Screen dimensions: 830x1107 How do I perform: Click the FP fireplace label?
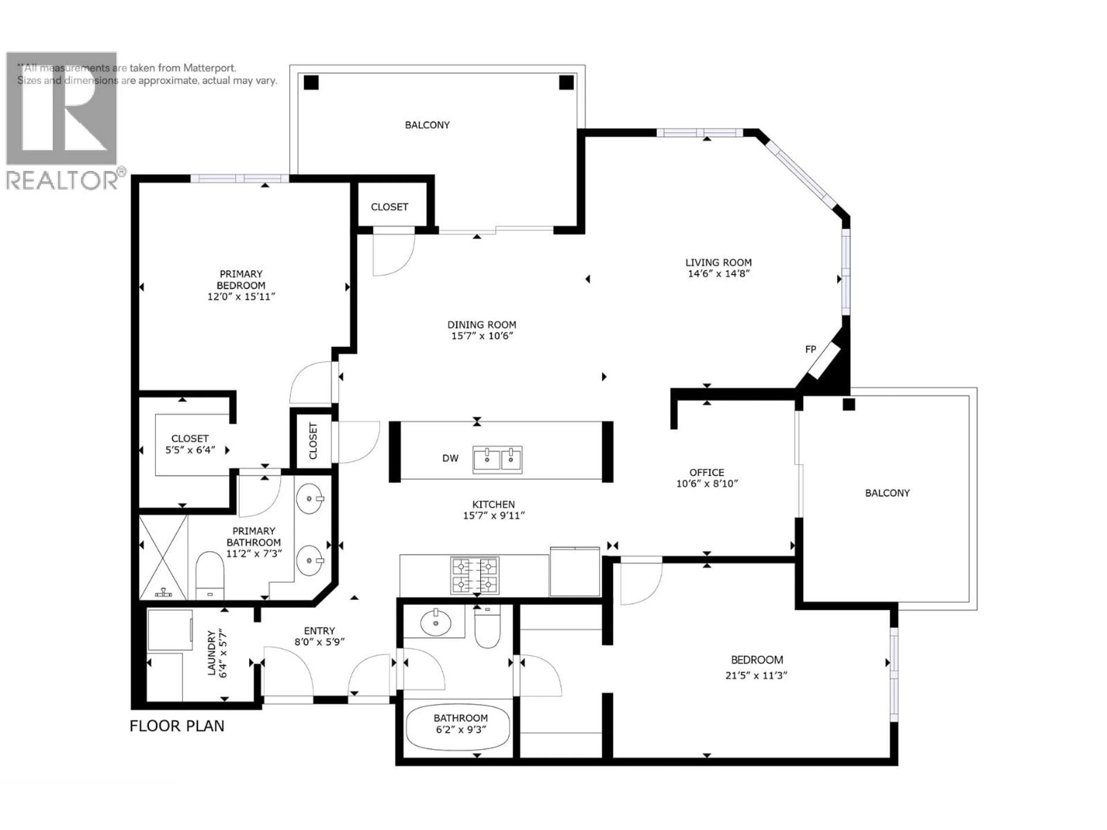coord(810,350)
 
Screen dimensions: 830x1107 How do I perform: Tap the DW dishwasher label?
coord(450,458)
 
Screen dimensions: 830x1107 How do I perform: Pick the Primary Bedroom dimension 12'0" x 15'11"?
coord(241,297)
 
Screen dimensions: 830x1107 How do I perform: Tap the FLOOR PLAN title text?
coord(177,726)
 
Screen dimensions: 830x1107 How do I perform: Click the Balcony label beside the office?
coord(887,493)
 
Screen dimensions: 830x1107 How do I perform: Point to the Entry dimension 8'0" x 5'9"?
coord(319,642)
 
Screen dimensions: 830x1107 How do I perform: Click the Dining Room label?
coord(481,325)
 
